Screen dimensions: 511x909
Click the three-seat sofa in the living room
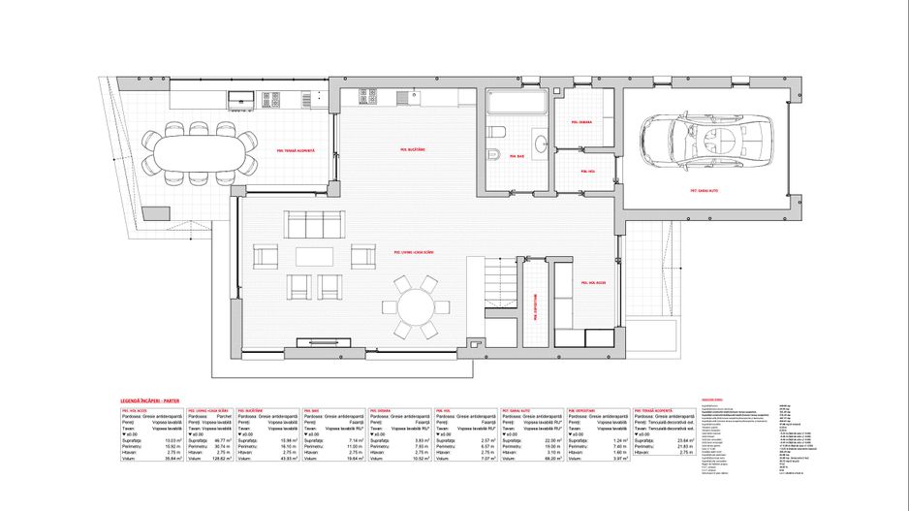[x=313, y=223]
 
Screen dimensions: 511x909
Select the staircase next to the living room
[x=501, y=286]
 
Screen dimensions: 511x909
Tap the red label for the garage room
[x=705, y=192]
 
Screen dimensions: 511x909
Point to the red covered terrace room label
[x=296, y=150]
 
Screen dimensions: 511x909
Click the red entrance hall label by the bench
[x=593, y=282]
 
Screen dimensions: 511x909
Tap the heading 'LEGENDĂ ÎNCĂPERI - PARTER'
[x=150, y=399]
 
